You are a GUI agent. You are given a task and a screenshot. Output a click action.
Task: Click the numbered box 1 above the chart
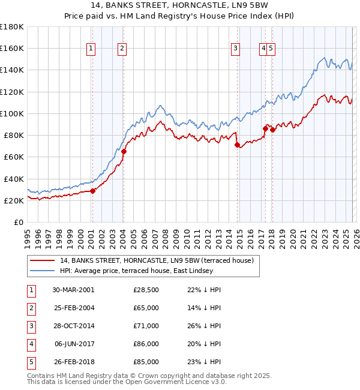pyautogui.click(x=91, y=49)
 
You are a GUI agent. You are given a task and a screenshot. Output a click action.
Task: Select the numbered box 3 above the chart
pyautogui.click(x=236, y=49)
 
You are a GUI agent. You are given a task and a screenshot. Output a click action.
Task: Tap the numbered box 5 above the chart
pyautogui.click(x=271, y=49)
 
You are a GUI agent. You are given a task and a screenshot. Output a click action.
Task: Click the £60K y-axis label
pyautogui.click(x=14, y=157)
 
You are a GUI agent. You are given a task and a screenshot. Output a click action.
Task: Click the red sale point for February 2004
pyautogui.click(x=124, y=152)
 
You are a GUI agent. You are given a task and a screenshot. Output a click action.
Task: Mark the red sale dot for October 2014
pyautogui.click(x=237, y=145)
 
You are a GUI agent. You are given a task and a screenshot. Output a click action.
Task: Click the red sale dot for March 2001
pyautogui.click(x=92, y=191)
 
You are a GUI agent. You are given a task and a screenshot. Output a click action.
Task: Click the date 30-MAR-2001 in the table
pyautogui.click(x=73, y=290)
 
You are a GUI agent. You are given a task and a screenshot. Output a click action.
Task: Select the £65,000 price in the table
pyautogui.click(x=146, y=308)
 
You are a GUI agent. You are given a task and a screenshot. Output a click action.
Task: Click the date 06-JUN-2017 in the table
pyautogui.click(x=73, y=344)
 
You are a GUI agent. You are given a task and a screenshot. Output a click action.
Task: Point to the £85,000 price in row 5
pyautogui.click(x=146, y=362)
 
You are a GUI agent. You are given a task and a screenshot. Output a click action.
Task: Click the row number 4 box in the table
pyautogui.click(x=31, y=344)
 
